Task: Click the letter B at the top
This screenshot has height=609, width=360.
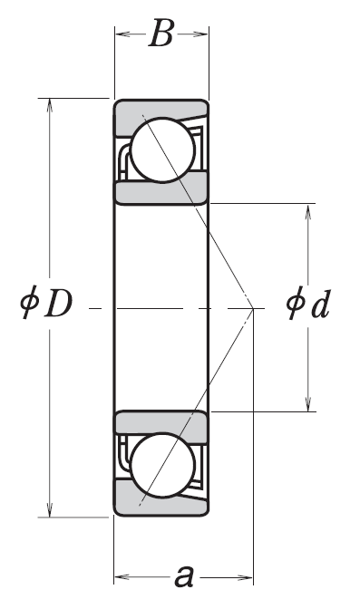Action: (161, 34)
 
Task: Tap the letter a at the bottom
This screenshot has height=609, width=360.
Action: (183, 576)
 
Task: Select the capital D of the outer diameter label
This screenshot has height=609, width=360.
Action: (58, 303)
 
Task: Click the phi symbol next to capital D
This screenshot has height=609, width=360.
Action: (29, 303)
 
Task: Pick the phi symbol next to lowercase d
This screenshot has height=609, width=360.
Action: (295, 304)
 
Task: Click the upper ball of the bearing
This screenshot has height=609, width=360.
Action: (162, 150)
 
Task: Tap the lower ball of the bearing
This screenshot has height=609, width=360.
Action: (162, 465)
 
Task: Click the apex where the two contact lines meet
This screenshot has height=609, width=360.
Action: (253, 309)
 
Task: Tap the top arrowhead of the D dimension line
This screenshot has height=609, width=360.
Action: (49, 105)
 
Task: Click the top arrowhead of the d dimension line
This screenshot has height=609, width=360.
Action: (308, 210)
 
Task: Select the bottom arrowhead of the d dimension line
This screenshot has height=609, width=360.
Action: (308, 404)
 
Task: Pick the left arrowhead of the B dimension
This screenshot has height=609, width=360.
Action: (122, 34)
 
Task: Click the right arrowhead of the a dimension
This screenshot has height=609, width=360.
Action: (246, 577)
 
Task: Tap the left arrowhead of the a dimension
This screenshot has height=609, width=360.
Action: (122, 577)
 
